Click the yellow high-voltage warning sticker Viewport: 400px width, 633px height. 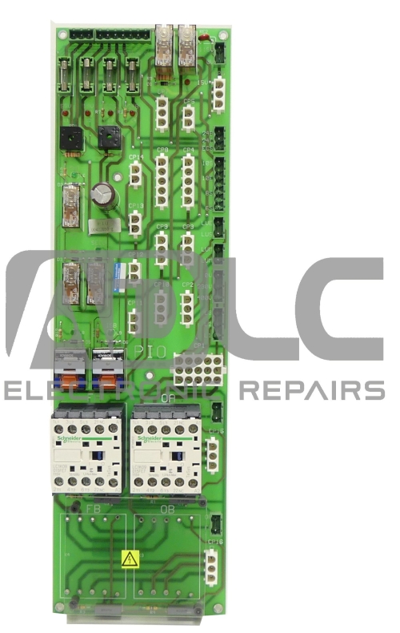[128, 558]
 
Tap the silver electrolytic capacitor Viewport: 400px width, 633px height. [102, 195]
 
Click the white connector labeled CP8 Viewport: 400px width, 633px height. [162, 171]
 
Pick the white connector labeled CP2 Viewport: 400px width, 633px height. [188, 305]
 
